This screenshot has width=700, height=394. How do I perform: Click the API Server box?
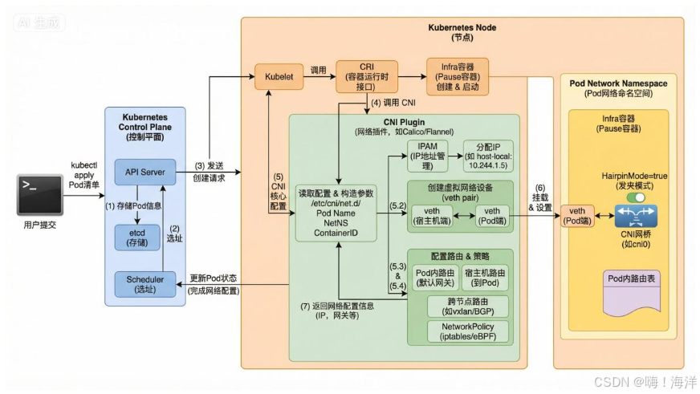pyautogui.click(x=145, y=171)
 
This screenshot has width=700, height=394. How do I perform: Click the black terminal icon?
pyautogui.click(x=40, y=195)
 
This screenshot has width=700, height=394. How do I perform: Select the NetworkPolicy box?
pyautogui.click(x=457, y=332)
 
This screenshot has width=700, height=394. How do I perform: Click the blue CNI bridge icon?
pyautogui.click(x=636, y=216)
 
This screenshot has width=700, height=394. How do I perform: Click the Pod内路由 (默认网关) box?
pyautogui.click(x=433, y=277)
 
